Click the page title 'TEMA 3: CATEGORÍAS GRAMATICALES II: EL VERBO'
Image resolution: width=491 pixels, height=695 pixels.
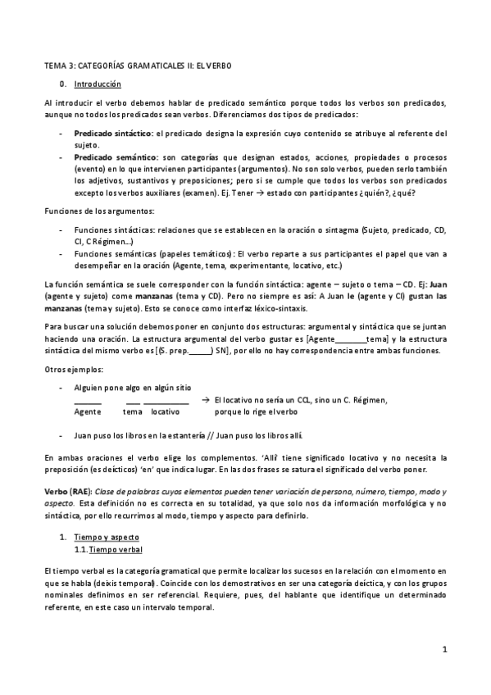click(x=140, y=65)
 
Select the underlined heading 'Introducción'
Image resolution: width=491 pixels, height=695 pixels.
click(x=98, y=84)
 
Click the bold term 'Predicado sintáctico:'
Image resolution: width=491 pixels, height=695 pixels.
click(x=114, y=133)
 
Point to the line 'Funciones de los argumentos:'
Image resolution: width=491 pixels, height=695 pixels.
click(x=96, y=212)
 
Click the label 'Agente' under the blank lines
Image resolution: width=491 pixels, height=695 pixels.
click(x=88, y=411)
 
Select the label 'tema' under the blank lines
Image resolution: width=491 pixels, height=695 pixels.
click(x=132, y=411)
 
